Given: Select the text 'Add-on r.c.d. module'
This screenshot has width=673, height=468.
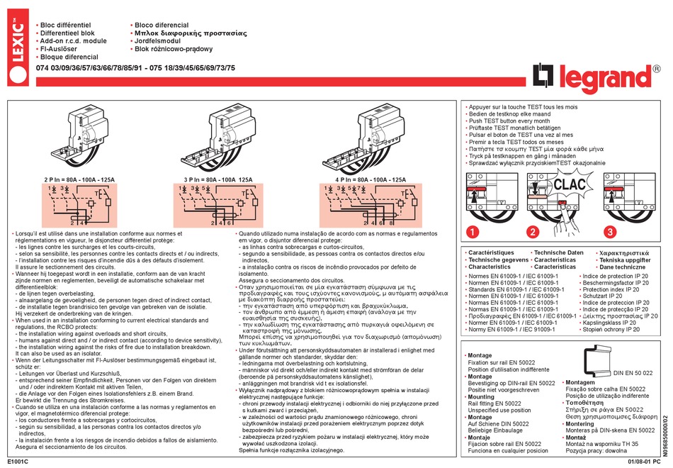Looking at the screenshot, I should click(x=75, y=41).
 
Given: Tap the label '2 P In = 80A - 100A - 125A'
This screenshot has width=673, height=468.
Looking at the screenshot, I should click(x=80, y=180).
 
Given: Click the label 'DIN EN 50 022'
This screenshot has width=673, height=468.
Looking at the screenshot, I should click(x=633, y=372).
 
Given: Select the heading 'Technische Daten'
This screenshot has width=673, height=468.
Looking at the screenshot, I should click(x=559, y=252).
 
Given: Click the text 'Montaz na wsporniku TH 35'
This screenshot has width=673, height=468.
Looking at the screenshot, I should click(x=609, y=443).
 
